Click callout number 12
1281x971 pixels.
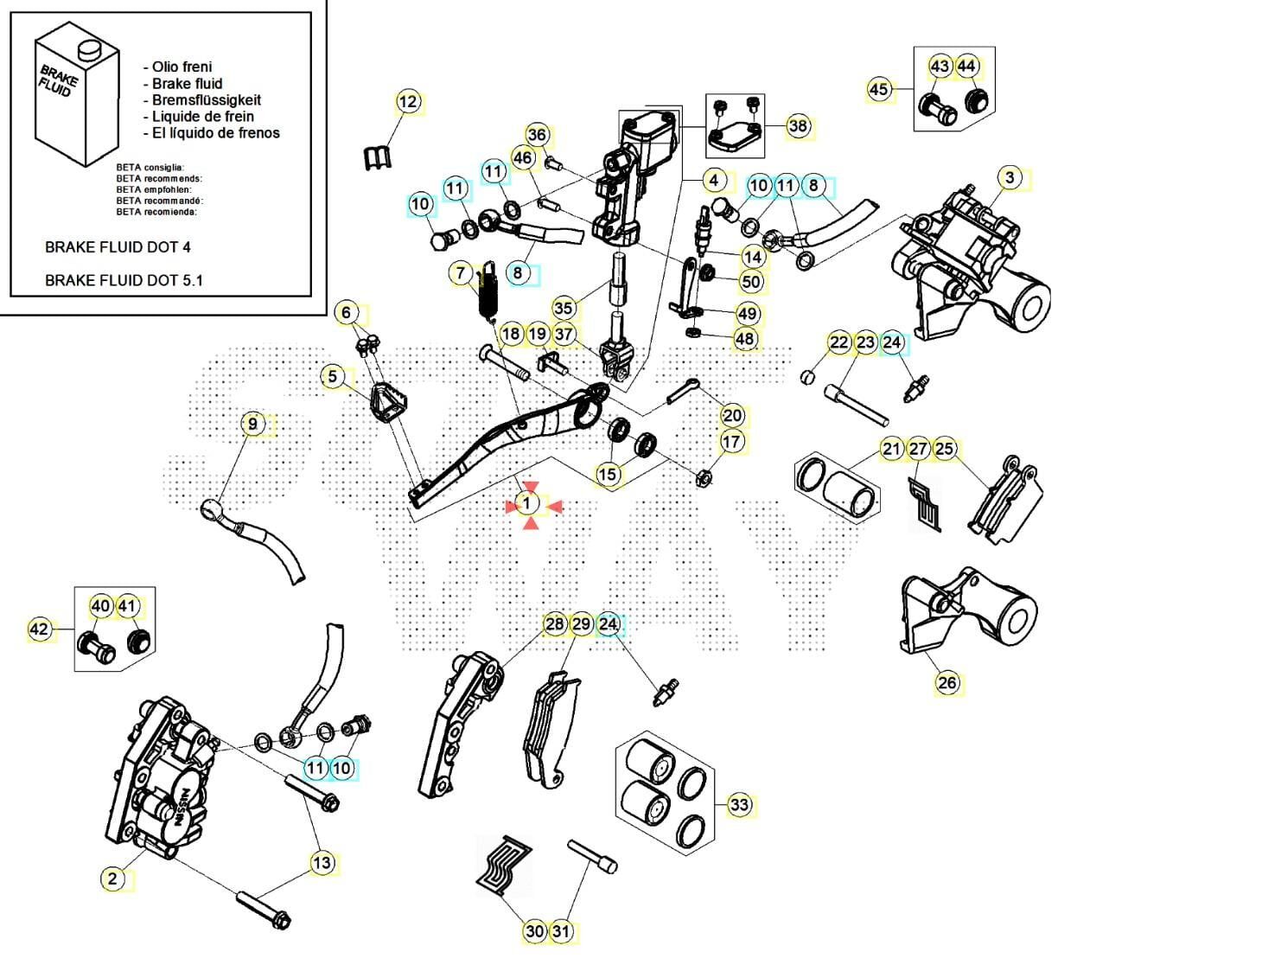[408, 102]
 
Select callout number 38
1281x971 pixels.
[798, 126]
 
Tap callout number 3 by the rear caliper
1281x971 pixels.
[1010, 178]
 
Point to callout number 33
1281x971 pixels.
[739, 805]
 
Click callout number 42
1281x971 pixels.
[40, 629]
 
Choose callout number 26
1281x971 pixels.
[947, 682]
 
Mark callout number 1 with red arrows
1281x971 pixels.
[529, 503]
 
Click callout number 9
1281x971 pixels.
[252, 424]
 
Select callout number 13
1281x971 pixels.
[322, 862]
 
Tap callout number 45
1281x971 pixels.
[878, 90]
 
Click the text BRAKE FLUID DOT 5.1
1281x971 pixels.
[124, 280]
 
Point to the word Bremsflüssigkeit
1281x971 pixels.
[207, 100]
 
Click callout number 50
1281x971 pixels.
[752, 282]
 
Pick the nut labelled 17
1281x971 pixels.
[704, 476]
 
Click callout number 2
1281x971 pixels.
[112, 879]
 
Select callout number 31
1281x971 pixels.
[562, 931]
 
